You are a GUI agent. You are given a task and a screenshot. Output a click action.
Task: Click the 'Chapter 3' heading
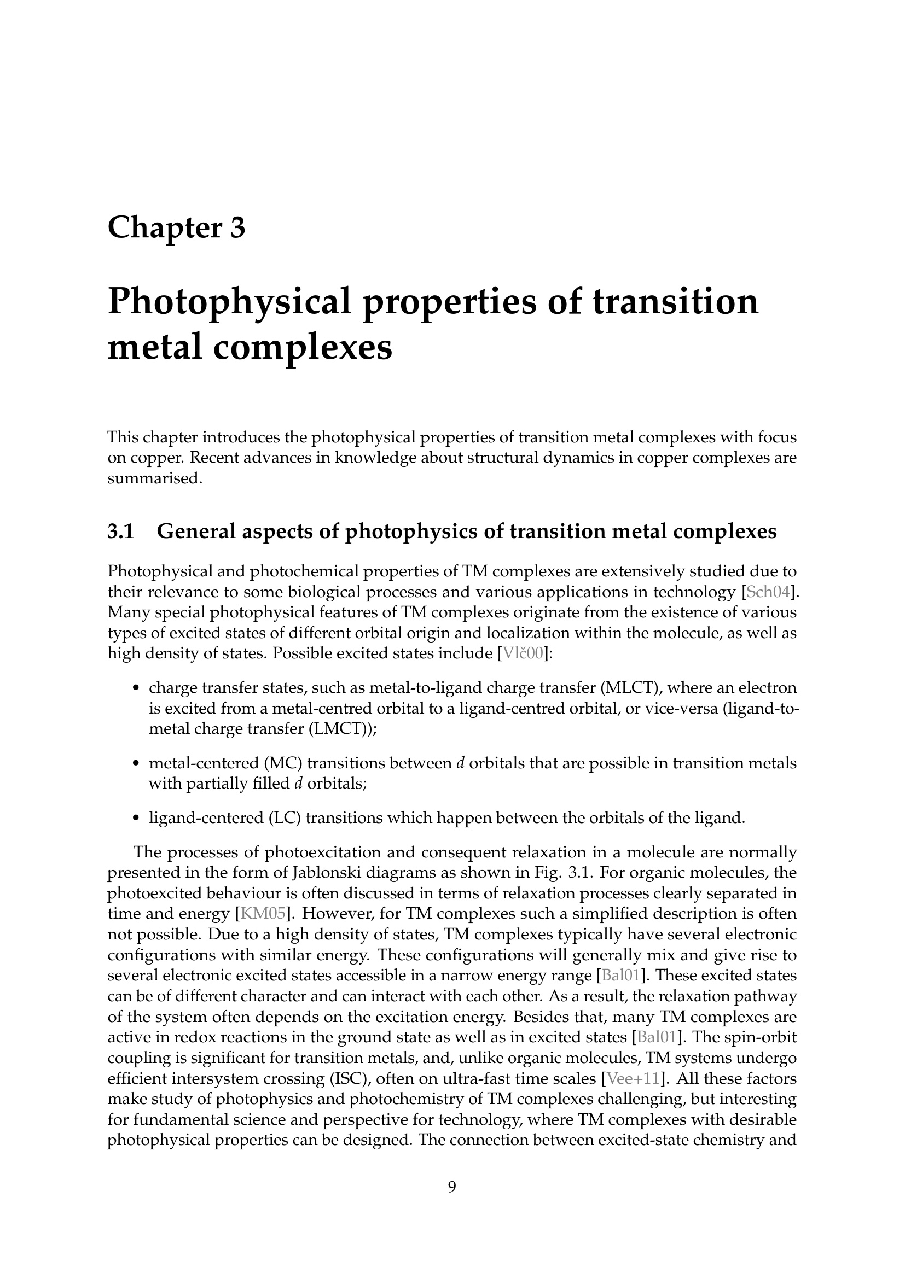(176, 228)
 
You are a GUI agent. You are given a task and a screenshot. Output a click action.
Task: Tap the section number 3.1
(121, 532)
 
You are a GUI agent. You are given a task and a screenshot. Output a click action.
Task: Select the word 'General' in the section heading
(194, 532)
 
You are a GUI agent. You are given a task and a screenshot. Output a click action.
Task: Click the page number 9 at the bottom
(452, 1187)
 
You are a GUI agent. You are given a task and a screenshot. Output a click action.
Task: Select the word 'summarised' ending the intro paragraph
(153, 478)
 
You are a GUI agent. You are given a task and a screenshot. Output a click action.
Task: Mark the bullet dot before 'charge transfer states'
(136, 688)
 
